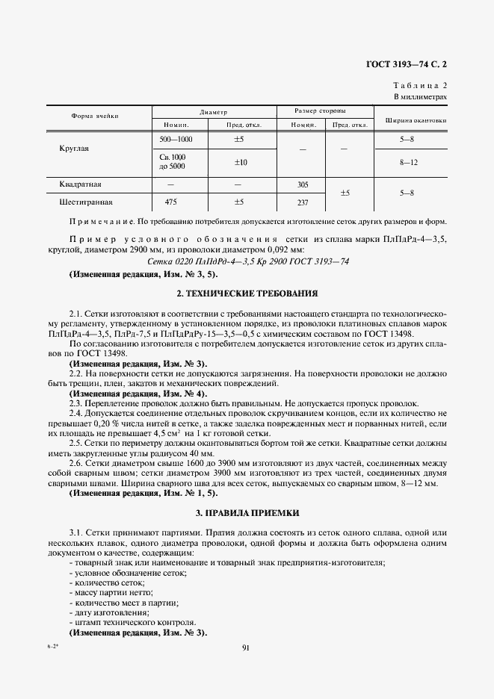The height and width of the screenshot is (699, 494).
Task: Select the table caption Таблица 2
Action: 419,87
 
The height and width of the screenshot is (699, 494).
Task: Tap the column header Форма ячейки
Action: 95,116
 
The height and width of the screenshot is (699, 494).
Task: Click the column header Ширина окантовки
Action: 416,120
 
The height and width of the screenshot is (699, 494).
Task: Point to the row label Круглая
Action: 74,149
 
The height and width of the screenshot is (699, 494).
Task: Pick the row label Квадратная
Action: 80,184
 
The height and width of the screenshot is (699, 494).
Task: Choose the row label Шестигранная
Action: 85,202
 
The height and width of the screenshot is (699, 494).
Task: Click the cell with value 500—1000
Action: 176,140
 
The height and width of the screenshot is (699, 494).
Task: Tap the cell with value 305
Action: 303,184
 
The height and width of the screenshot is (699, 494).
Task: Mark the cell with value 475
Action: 170,202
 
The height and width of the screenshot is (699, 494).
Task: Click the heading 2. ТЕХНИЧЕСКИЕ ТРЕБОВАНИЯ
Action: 247,293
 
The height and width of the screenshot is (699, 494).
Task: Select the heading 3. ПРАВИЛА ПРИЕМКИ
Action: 247,513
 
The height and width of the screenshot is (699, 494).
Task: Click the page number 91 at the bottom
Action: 246,647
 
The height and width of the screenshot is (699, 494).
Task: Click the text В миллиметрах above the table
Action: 420,98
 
